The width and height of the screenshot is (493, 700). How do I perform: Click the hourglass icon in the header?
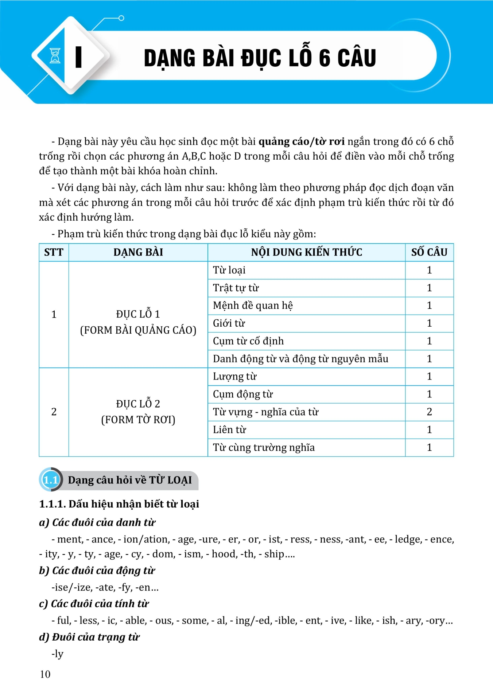55,56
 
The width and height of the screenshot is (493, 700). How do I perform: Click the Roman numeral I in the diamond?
78,57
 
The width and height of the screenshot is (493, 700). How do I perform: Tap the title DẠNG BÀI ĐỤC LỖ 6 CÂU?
260,58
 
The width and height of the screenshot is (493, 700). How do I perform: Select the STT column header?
54,252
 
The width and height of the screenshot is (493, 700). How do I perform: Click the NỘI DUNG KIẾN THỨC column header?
306,252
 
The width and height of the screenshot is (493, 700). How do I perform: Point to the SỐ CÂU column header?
429,252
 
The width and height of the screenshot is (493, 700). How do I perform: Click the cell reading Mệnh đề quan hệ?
253,306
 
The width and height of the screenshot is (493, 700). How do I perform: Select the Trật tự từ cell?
236,288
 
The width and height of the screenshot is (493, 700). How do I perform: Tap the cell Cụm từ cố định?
248,341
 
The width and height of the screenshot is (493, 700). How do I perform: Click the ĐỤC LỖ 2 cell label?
138,404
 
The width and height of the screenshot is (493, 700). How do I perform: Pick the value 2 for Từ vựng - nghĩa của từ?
429,412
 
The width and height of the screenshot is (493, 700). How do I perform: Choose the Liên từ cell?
229,430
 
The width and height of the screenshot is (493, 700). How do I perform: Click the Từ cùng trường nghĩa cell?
264,448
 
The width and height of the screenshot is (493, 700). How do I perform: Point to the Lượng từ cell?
234,377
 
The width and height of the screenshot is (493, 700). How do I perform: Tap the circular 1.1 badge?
50,480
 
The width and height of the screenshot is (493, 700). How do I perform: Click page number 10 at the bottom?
45,674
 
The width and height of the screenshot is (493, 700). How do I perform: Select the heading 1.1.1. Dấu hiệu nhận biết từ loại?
119,504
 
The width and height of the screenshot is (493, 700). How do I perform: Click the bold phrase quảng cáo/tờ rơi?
301,141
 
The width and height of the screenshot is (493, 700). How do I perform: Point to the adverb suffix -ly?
58,654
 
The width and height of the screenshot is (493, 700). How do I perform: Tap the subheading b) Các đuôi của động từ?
97,571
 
